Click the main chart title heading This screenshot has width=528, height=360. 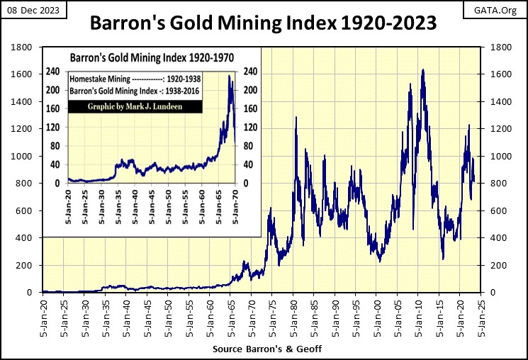click(x=263, y=25)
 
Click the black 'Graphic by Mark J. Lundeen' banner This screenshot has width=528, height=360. click(x=135, y=106)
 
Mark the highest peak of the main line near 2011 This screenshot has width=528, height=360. click(x=423, y=69)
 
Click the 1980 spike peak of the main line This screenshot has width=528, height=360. click(x=296, y=116)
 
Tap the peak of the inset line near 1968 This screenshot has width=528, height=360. click(x=229, y=75)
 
